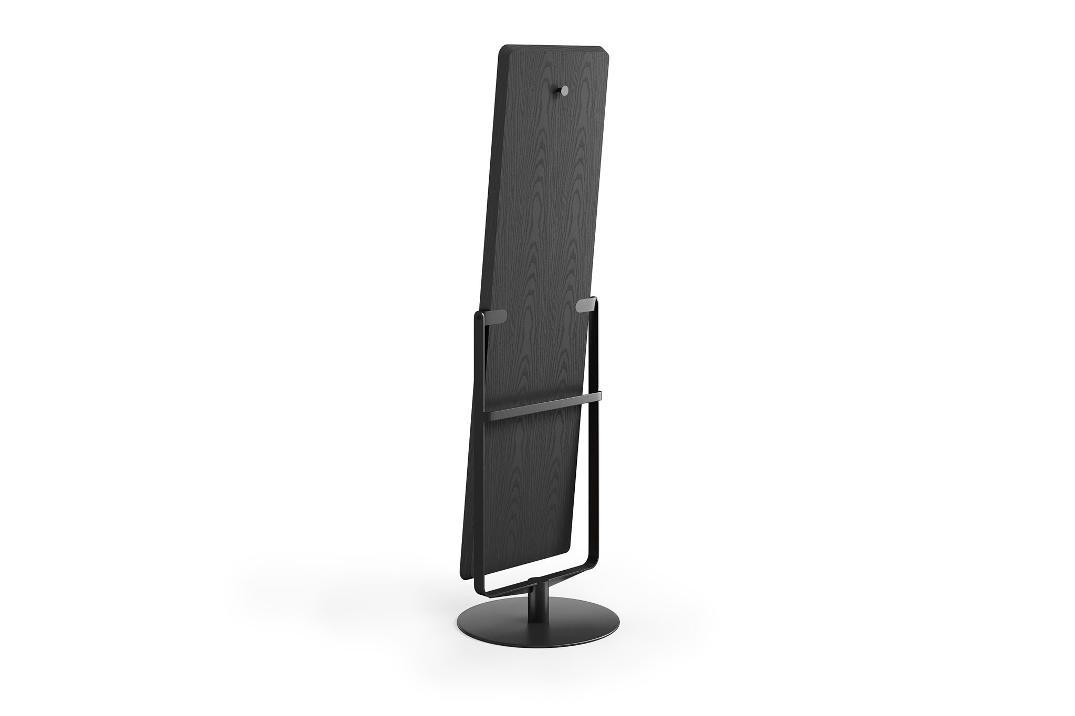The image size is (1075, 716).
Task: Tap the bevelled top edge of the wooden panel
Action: (x=551, y=48)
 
